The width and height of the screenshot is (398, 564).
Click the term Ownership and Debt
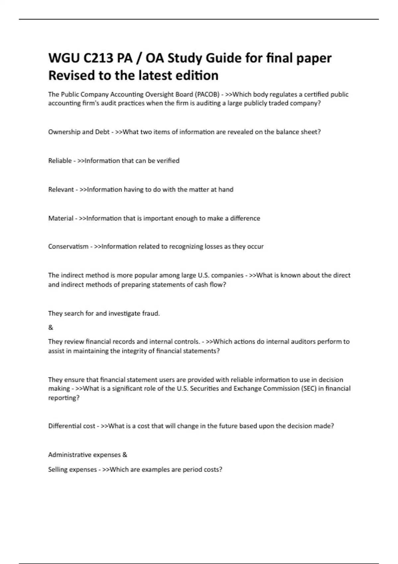[79, 132]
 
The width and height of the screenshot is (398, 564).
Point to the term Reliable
[60, 161]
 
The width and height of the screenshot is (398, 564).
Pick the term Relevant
[61, 190]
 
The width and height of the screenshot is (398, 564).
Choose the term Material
[61, 218]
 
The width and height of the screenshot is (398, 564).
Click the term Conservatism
[68, 247]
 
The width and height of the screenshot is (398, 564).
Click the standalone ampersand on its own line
[50, 327]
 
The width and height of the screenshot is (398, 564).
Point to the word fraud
[151, 314]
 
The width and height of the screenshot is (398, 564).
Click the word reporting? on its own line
[64, 398]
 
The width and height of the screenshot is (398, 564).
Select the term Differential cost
[72, 426]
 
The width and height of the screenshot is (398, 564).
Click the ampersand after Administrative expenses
[125, 455]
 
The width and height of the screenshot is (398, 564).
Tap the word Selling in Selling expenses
[59, 470]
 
